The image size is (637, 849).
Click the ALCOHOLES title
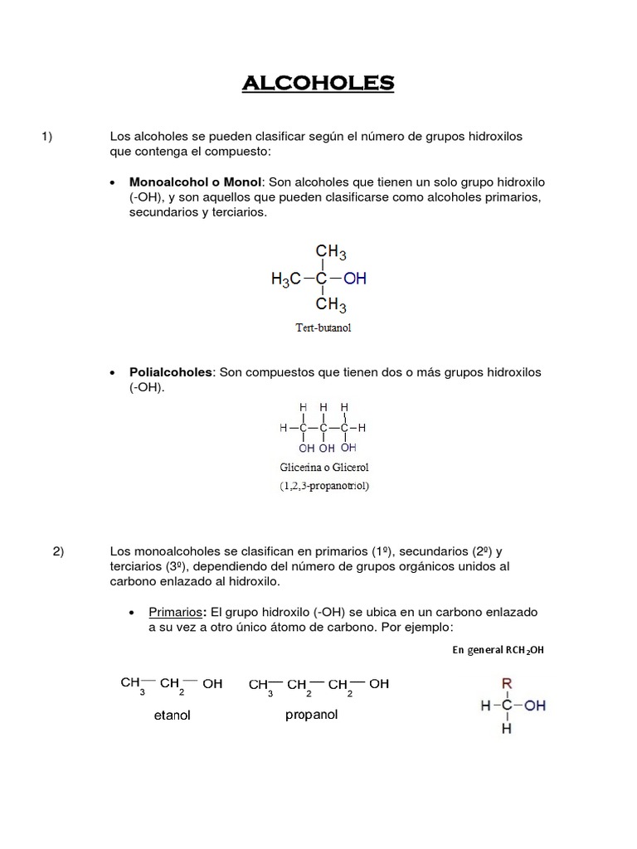(x=318, y=83)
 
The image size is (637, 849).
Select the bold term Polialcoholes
(x=171, y=372)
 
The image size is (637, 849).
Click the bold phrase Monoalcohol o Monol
(x=195, y=182)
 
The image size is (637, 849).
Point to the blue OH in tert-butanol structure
(x=355, y=279)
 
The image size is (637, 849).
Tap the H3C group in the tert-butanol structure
(x=287, y=280)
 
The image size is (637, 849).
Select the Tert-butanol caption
(x=323, y=327)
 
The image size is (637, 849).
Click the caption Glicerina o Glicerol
(x=323, y=468)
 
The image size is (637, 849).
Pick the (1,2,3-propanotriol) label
(x=324, y=486)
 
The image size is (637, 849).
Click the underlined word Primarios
(x=176, y=612)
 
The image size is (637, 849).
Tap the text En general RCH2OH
(x=498, y=650)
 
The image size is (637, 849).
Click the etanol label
(x=173, y=716)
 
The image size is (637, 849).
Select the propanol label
(x=311, y=715)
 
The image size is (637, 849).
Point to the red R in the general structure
(x=507, y=683)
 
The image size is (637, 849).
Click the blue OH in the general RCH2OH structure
(x=535, y=706)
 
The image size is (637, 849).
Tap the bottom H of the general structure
(x=507, y=730)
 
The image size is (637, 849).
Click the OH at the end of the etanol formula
(x=212, y=684)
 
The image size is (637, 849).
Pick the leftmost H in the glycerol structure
(x=284, y=428)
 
